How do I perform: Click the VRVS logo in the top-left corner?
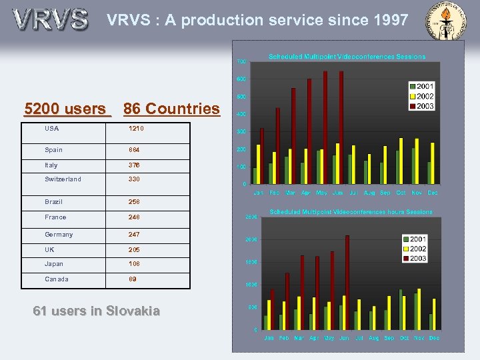[50, 19]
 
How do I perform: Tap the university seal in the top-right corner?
[451, 20]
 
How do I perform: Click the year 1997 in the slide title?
[389, 21]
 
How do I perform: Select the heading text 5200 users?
[65, 109]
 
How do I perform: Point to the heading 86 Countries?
[171, 109]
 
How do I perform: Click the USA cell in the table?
[52, 129]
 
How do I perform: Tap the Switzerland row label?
[63, 179]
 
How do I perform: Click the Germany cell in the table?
[59, 235]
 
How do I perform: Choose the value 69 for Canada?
[133, 279]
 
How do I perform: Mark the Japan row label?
[55, 264]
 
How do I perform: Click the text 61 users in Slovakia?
[96, 311]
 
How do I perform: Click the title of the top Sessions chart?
[347, 57]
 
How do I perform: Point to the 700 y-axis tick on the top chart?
[241, 62]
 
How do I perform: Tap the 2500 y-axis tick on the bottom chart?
[251, 217]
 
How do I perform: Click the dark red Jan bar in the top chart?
[262, 155]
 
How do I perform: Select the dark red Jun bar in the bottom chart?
[347, 282]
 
